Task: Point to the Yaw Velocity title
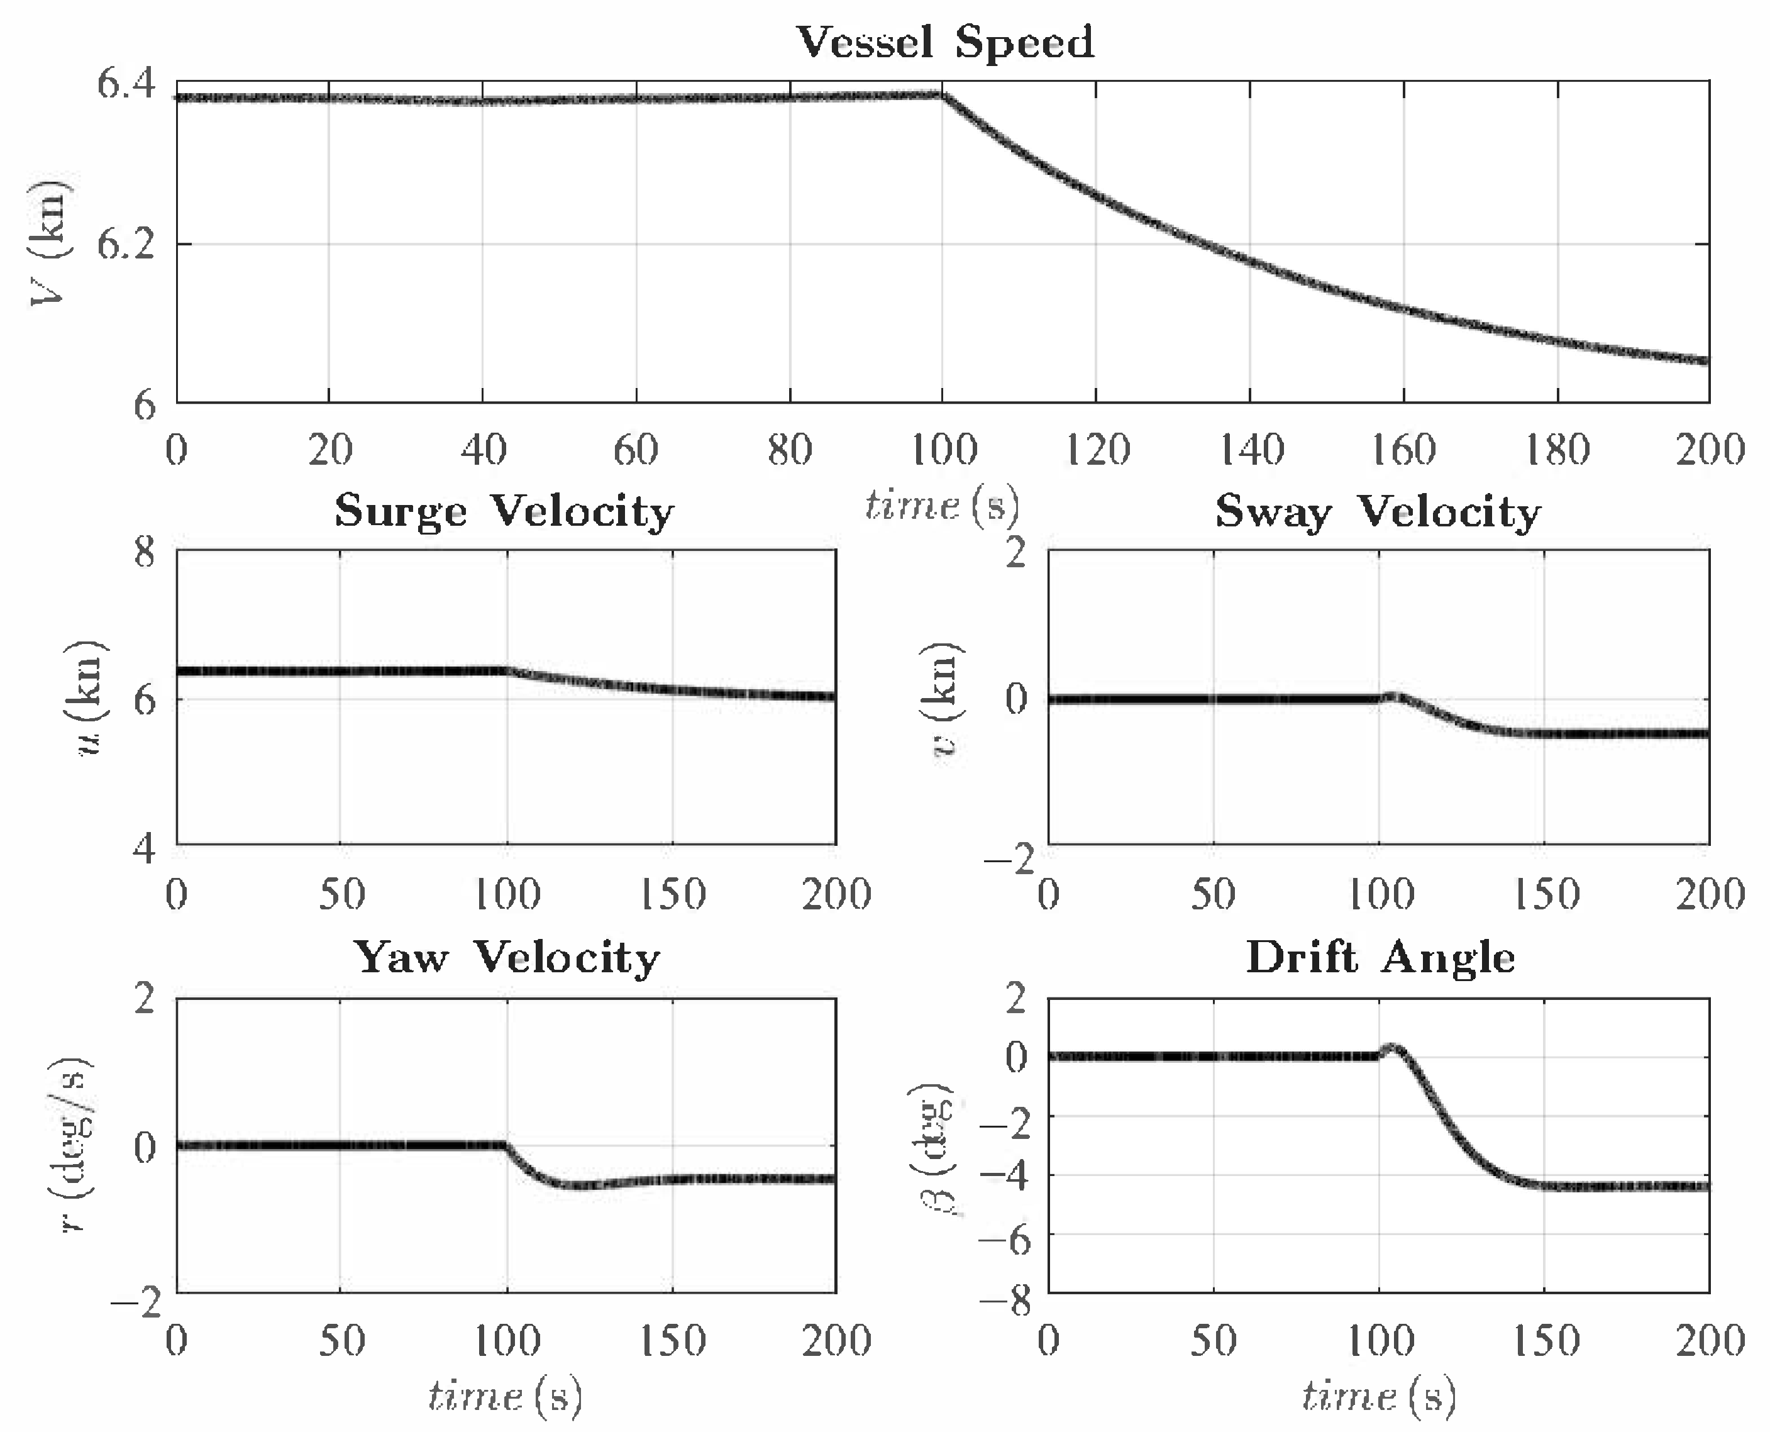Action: click(506, 958)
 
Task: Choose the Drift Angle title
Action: click(1380, 958)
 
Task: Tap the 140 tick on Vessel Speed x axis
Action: click(1251, 450)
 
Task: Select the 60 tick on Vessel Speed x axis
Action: click(636, 450)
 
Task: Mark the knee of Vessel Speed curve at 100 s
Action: click(941, 95)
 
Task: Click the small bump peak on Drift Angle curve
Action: click(1392, 1049)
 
